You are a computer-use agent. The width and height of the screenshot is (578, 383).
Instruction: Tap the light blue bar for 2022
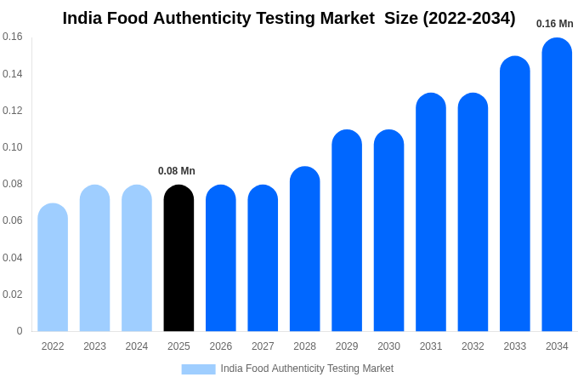coord(53,267)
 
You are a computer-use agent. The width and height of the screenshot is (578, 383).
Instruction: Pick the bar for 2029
coord(347,231)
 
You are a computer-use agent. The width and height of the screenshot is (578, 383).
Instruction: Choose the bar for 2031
coord(431,212)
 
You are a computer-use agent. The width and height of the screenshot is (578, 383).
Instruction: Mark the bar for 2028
coord(304,249)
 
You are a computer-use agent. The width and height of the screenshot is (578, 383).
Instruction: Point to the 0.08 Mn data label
coord(177,171)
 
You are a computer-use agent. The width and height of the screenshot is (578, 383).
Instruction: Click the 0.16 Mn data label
coord(554,24)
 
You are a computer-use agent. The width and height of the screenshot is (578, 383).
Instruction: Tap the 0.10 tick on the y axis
coord(13,147)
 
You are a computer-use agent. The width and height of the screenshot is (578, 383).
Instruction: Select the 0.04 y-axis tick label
coord(13,258)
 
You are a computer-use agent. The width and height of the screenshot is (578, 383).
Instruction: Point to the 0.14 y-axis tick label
coord(13,74)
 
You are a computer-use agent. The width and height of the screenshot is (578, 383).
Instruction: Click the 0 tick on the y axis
coord(20,331)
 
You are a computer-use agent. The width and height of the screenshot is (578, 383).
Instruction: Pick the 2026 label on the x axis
coord(221,346)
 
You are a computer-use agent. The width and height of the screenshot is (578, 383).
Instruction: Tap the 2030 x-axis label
coord(388,346)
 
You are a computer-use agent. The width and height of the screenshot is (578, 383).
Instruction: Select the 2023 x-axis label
coord(94,346)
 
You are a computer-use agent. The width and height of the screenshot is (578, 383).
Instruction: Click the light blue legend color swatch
coord(198,369)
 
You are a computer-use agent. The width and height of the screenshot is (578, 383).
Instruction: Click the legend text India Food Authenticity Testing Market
coord(307,369)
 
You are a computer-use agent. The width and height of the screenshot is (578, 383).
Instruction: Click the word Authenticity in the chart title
coord(205,18)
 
